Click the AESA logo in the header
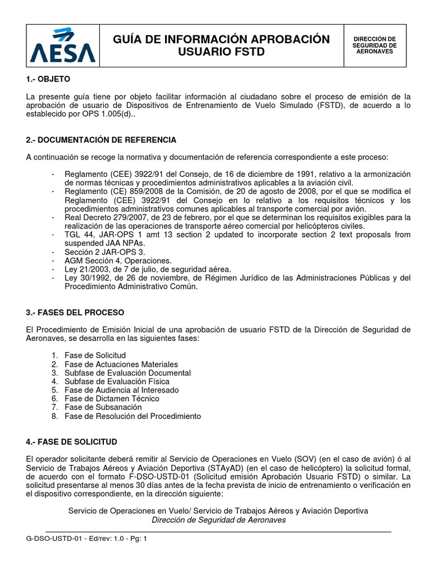pyautogui.click(x=63, y=45)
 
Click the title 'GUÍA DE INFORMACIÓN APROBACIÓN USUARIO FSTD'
pyautogui.click(x=221, y=45)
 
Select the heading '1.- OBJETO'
pyautogui.click(x=48, y=79)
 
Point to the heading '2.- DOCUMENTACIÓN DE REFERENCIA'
pyautogui.click(x=101, y=139)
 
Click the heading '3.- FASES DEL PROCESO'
pyautogui.click(x=75, y=312)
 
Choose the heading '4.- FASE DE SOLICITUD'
pyautogui.click(x=72, y=442)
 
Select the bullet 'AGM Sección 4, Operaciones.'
pyautogui.click(x=118, y=261)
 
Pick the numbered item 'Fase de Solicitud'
pyautogui.click(x=95, y=355)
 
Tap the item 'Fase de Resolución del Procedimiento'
pyautogui.click(x=132, y=416)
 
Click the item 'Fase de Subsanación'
pyautogui.click(x=103, y=407)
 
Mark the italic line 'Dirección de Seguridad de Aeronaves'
pyautogui.click(x=218, y=520)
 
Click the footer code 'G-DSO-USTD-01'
pyautogui.click(x=52, y=538)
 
